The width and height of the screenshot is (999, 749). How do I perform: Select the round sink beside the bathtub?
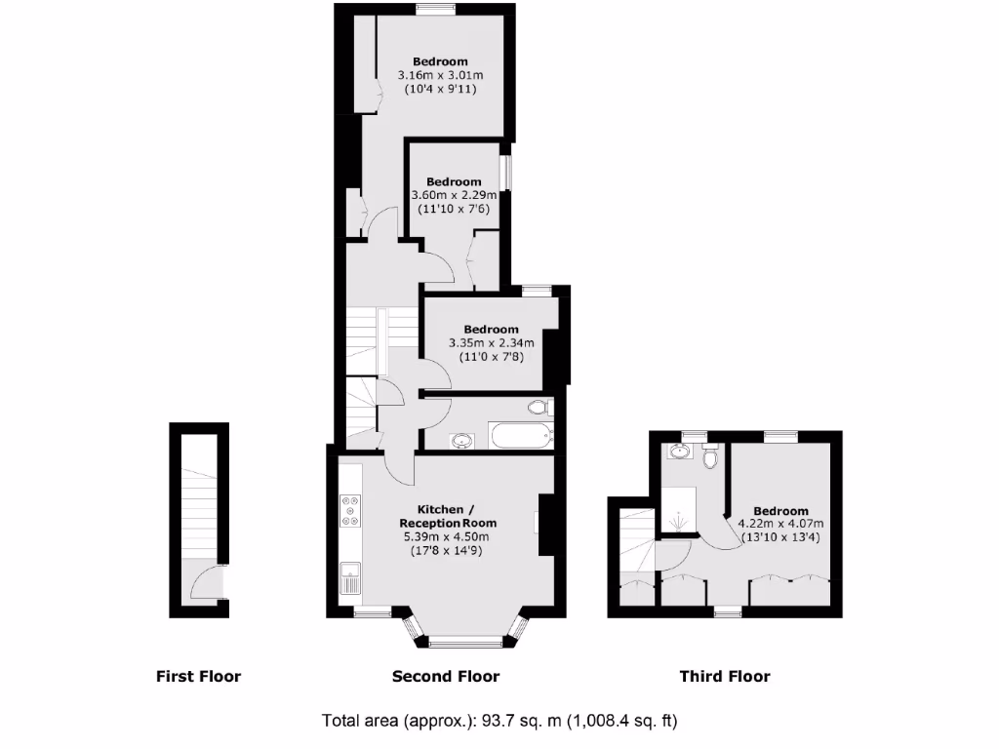point(462,441)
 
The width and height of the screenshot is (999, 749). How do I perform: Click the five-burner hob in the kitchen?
point(350,511)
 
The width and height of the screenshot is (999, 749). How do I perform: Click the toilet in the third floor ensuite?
point(710,456)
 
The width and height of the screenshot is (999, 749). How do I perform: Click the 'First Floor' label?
point(198,676)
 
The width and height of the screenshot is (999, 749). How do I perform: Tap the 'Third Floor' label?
point(725,676)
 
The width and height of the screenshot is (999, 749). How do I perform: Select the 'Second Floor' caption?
point(446,676)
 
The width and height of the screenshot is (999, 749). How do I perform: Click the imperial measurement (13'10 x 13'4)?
point(780,537)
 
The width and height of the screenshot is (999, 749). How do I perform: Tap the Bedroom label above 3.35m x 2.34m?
point(491,330)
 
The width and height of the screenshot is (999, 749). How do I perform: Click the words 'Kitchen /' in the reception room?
point(446,510)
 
